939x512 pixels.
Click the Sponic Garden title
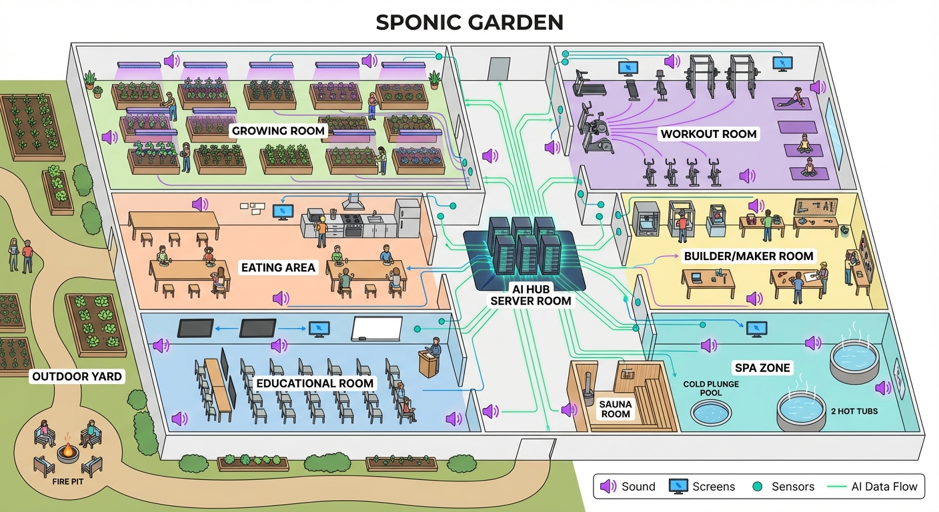coord(469,22)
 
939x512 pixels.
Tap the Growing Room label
coord(279,131)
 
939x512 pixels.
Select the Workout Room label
coord(708,134)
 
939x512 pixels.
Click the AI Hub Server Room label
coord(531,295)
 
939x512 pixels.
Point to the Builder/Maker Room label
coord(748,256)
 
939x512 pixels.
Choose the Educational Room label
coord(315,383)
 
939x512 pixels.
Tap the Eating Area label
coord(278,268)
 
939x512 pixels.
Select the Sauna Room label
coord(614,408)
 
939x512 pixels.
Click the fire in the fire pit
coord(67,451)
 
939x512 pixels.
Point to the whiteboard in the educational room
coord(377,329)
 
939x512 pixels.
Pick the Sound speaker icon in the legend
coord(608,486)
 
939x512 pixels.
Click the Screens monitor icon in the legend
coord(679,486)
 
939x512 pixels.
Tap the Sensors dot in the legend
coord(757,486)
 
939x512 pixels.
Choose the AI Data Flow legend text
coord(884,486)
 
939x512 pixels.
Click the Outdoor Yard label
coord(78,377)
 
